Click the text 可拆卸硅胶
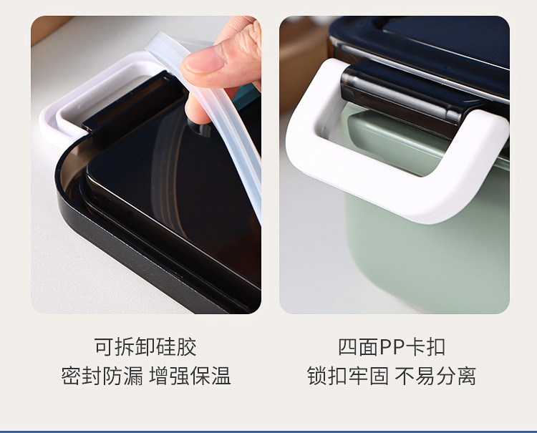pos(145,347)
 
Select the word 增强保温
pos(190,376)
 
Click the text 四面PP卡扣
pos(392,347)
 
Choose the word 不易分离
pos(435,376)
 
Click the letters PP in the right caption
pos(392,347)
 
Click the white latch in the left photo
pos(72,107)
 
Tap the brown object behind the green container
pos(301,57)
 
